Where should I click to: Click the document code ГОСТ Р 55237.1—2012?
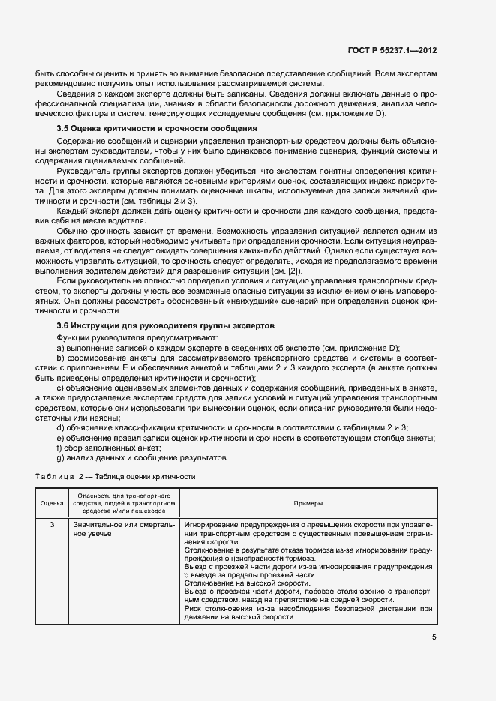coord(392,51)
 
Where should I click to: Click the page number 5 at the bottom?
coord(434,638)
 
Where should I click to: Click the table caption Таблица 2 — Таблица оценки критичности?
coord(116,477)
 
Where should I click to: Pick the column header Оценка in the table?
coord(52,503)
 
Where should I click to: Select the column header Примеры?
coord(308,503)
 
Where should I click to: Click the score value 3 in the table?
coord(52,524)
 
